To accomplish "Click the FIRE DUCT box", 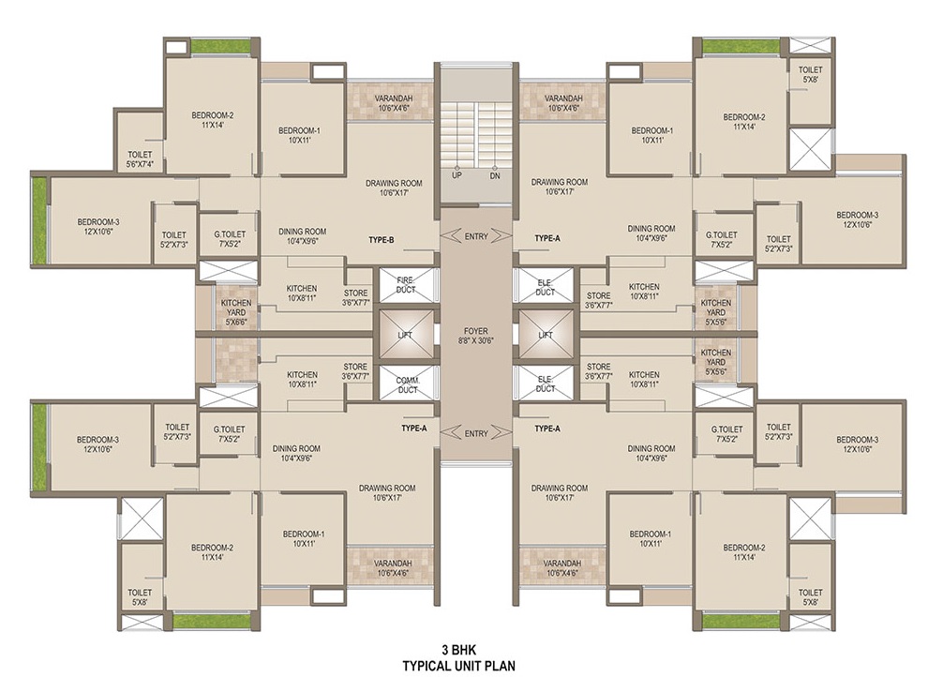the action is point(405,285).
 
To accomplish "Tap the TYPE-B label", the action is point(382,240).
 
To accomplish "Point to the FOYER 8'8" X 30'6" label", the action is point(475,336).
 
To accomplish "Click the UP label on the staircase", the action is point(457,175).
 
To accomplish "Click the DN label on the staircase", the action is point(494,175).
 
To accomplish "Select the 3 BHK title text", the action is point(459,650).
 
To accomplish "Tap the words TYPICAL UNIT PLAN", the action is point(459,666).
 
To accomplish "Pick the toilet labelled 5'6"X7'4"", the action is point(140,158).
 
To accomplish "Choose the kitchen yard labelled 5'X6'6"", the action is point(236,312).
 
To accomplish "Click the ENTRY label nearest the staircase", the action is point(476,236).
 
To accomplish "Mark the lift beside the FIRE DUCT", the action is point(405,335).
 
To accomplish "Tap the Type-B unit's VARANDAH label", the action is point(394,103).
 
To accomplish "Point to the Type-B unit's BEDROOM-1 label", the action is point(300,135).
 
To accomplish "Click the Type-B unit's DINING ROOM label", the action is point(302,236).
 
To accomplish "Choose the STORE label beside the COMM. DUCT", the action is point(355,371).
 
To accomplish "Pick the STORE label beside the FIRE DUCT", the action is point(355,298).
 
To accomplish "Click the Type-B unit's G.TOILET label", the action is point(230,239).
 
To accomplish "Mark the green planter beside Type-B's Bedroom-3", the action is point(39,220).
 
